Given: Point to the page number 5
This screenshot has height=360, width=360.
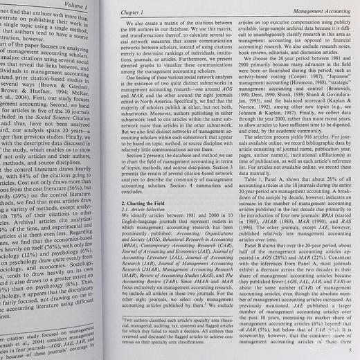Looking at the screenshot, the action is point(348,351).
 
